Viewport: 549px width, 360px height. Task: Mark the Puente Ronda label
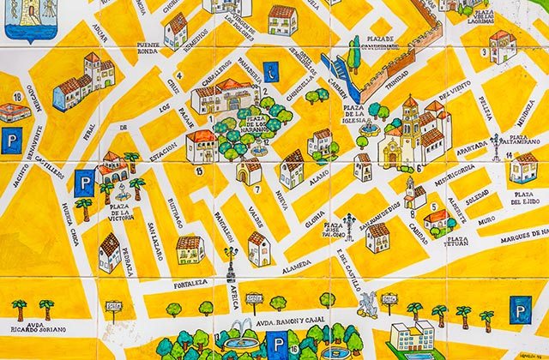pos(147,49)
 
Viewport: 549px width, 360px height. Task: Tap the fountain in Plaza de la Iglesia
pos(362,137)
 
